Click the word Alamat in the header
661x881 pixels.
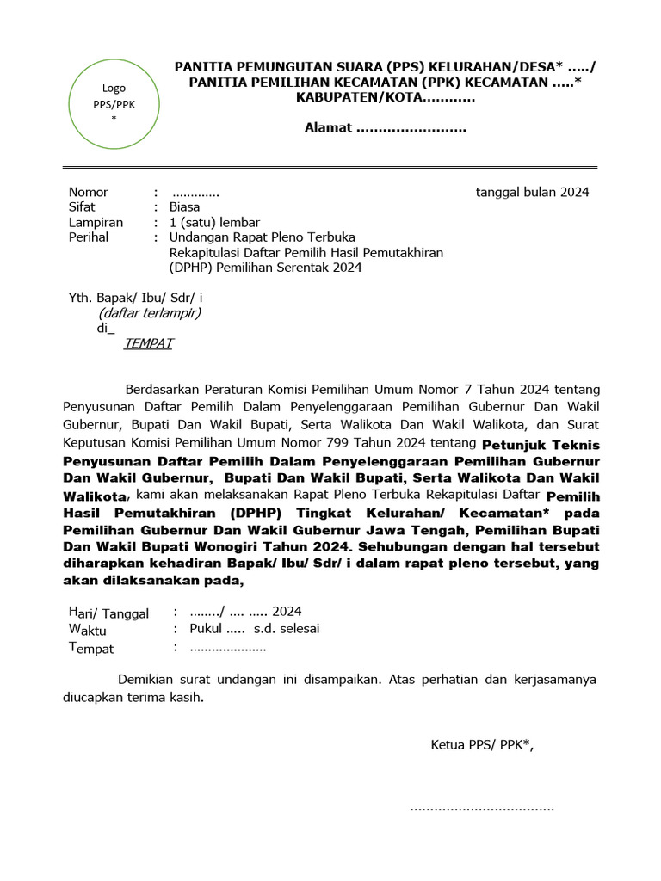328,128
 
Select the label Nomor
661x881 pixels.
89,192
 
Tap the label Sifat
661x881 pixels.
83,206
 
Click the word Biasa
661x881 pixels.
184,206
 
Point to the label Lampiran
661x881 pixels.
96,222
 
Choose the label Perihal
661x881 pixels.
89,237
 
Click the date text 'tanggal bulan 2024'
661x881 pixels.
532,192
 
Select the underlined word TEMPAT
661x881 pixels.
148,343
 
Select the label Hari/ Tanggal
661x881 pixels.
108,613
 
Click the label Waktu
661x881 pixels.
88,630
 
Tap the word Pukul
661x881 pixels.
206,629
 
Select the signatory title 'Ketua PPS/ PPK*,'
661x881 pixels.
482,745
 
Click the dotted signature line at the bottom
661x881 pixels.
482,809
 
